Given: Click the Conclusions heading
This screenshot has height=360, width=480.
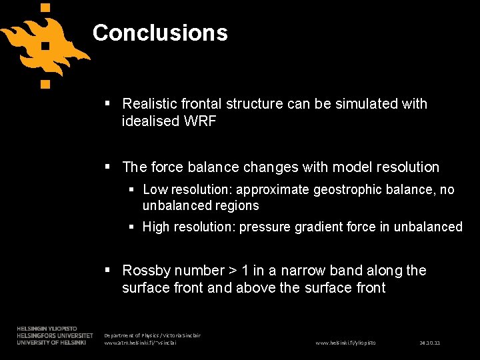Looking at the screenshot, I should [160, 33].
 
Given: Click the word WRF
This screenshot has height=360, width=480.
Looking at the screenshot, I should [199, 121].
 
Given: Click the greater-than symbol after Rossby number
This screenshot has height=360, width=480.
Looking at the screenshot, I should [233, 271].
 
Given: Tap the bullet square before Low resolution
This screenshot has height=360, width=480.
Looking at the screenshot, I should [133, 190].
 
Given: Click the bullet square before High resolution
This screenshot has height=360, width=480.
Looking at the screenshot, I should [133, 227].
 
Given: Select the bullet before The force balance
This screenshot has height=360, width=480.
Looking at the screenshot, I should [109, 167].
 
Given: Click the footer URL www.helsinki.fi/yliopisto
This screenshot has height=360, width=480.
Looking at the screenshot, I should [345, 343].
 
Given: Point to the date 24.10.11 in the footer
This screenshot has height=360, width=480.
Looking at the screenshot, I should [430, 343].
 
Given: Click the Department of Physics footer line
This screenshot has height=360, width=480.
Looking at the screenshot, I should [153, 335].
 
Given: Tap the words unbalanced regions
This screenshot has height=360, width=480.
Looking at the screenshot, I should [201, 206].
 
